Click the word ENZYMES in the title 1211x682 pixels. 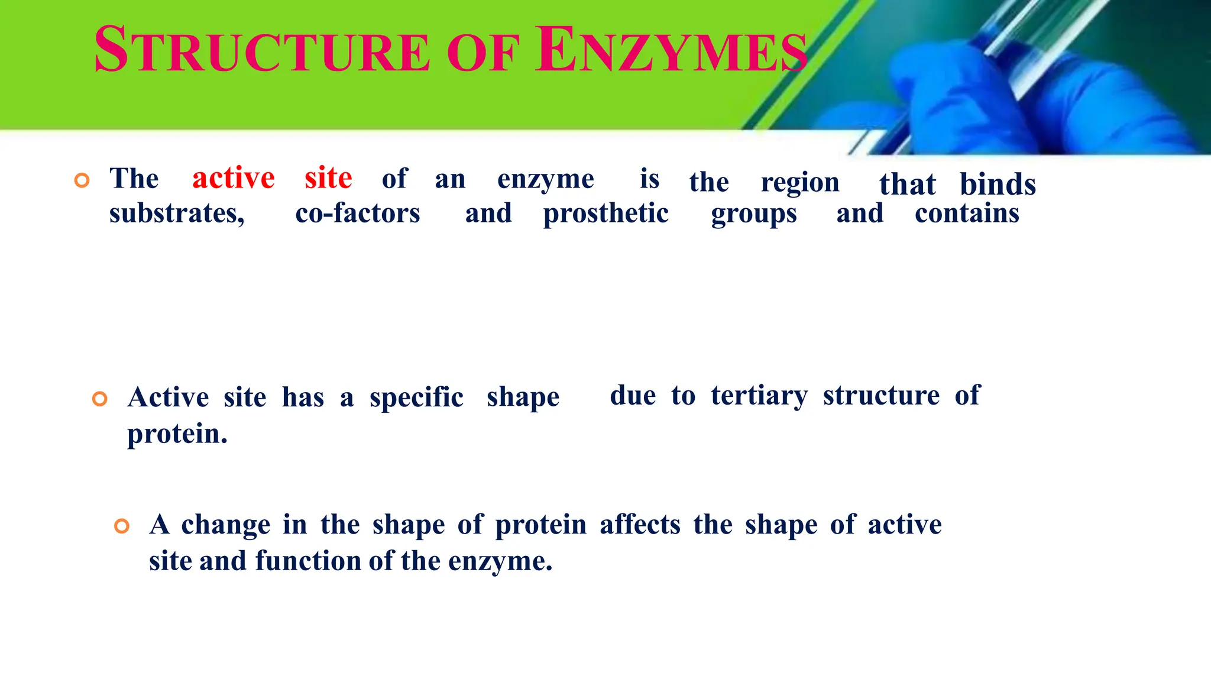(671, 50)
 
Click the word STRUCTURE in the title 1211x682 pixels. (262, 50)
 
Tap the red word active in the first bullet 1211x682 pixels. (234, 177)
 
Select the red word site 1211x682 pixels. (328, 177)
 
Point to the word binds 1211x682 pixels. (998, 184)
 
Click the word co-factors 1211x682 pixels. (358, 214)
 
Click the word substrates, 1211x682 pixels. (177, 214)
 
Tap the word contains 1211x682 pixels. (967, 214)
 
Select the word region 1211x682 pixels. (800, 183)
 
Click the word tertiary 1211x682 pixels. (759, 396)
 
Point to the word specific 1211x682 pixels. (416, 397)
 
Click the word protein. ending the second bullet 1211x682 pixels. (177, 435)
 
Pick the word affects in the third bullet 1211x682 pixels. (640, 525)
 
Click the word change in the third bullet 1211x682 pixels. (226, 525)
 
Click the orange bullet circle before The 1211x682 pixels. (82, 180)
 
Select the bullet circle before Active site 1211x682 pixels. (100, 399)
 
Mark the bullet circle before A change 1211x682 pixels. (122, 526)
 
